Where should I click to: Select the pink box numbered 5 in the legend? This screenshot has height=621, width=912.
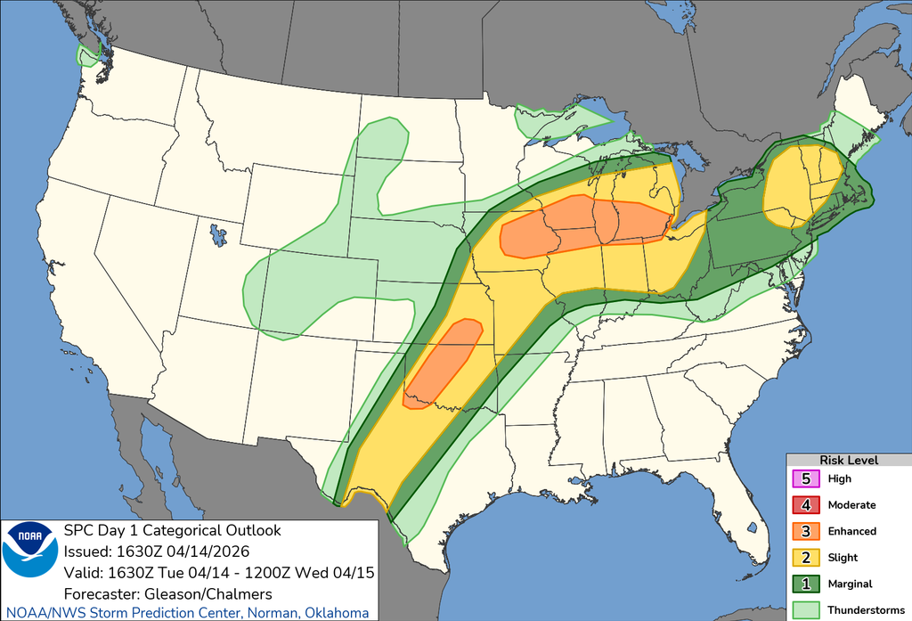click(x=805, y=478)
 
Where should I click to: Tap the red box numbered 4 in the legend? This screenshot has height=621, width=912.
click(x=805, y=504)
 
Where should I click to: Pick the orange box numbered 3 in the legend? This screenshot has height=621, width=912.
click(x=805, y=531)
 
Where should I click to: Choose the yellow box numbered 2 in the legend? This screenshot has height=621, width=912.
click(x=805, y=558)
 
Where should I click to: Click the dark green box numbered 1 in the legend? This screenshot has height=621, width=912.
click(x=805, y=584)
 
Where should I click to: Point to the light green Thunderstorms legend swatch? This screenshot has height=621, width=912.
click(x=805, y=609)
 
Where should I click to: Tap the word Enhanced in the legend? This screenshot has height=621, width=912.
click(x=851, y=531)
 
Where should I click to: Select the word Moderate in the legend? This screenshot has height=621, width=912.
click(x=851, y=504)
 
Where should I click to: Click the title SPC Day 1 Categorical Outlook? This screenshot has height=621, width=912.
click(x=172, y=531)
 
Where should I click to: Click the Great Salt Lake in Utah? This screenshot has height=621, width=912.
click(x=217, y=236)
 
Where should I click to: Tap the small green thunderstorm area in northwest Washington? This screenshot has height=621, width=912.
click(x=88, y=57)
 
